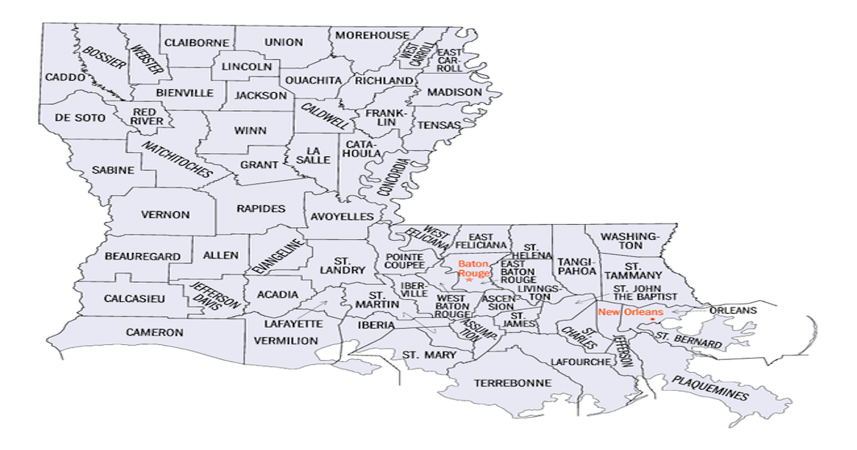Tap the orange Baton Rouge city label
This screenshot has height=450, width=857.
point(473,269)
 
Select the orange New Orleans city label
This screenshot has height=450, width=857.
point(631,312)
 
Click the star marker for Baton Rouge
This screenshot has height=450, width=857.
point(469,280)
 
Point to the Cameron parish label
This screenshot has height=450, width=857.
point(155,332)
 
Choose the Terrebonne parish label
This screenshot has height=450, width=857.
point(513,383)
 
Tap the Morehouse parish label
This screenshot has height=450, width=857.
point(372,35)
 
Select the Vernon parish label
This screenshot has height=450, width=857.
point(165,214)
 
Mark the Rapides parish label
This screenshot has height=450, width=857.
point(260,209)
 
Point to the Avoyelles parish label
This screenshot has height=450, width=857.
point(342,216)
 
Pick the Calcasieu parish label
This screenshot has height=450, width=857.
point(135,298)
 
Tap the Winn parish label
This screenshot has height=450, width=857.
point(250,131)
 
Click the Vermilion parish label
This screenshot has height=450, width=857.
point(286,341)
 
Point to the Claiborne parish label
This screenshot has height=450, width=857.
point(196,43)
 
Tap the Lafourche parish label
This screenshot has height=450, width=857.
point(581,362)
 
